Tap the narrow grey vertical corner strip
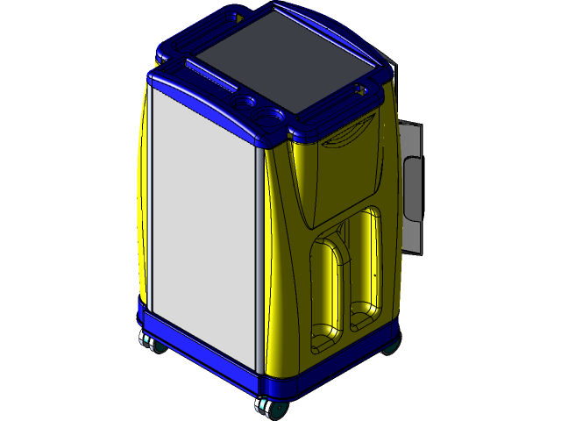click(x=260, y=263)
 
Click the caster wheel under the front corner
click(x=266, y=405)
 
